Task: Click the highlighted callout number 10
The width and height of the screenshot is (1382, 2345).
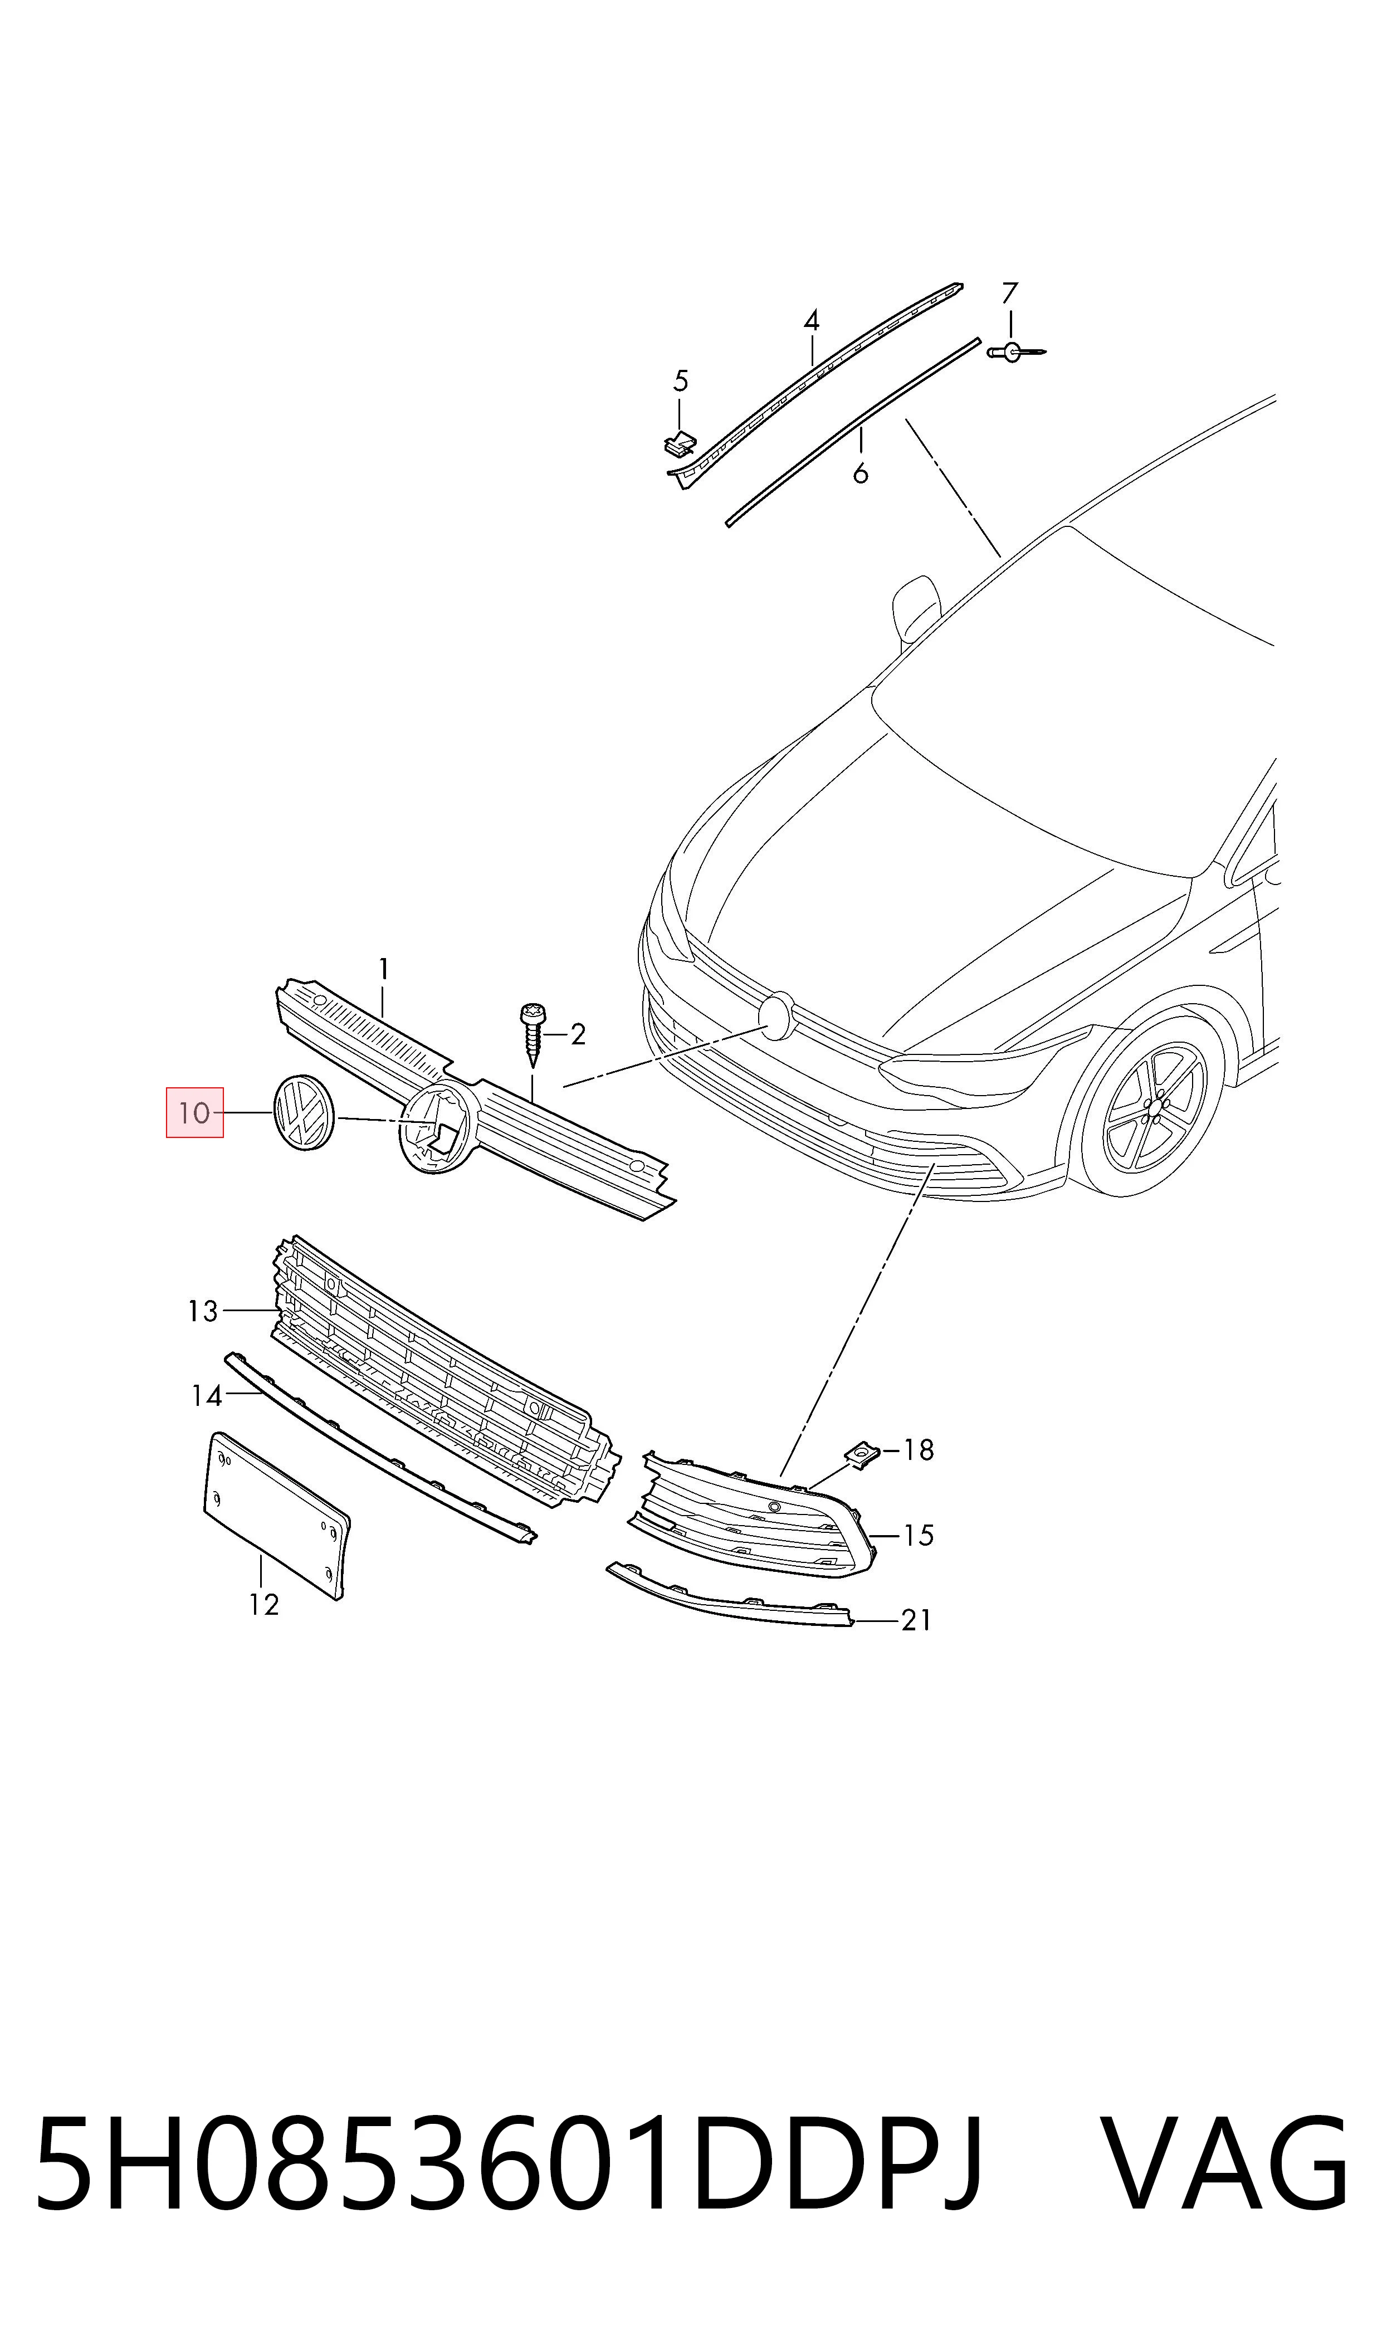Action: [x=194, y=1112]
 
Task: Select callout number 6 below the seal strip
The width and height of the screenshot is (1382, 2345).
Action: [x=861, y=474]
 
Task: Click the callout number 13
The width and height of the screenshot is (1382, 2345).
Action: [x=203, y=1312]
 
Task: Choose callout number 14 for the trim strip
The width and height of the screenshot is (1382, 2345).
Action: [x=207, y=1396]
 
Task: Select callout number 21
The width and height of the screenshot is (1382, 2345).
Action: [x=916, y=1621]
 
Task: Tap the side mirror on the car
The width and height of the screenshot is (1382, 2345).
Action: [x=916, y=607]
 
